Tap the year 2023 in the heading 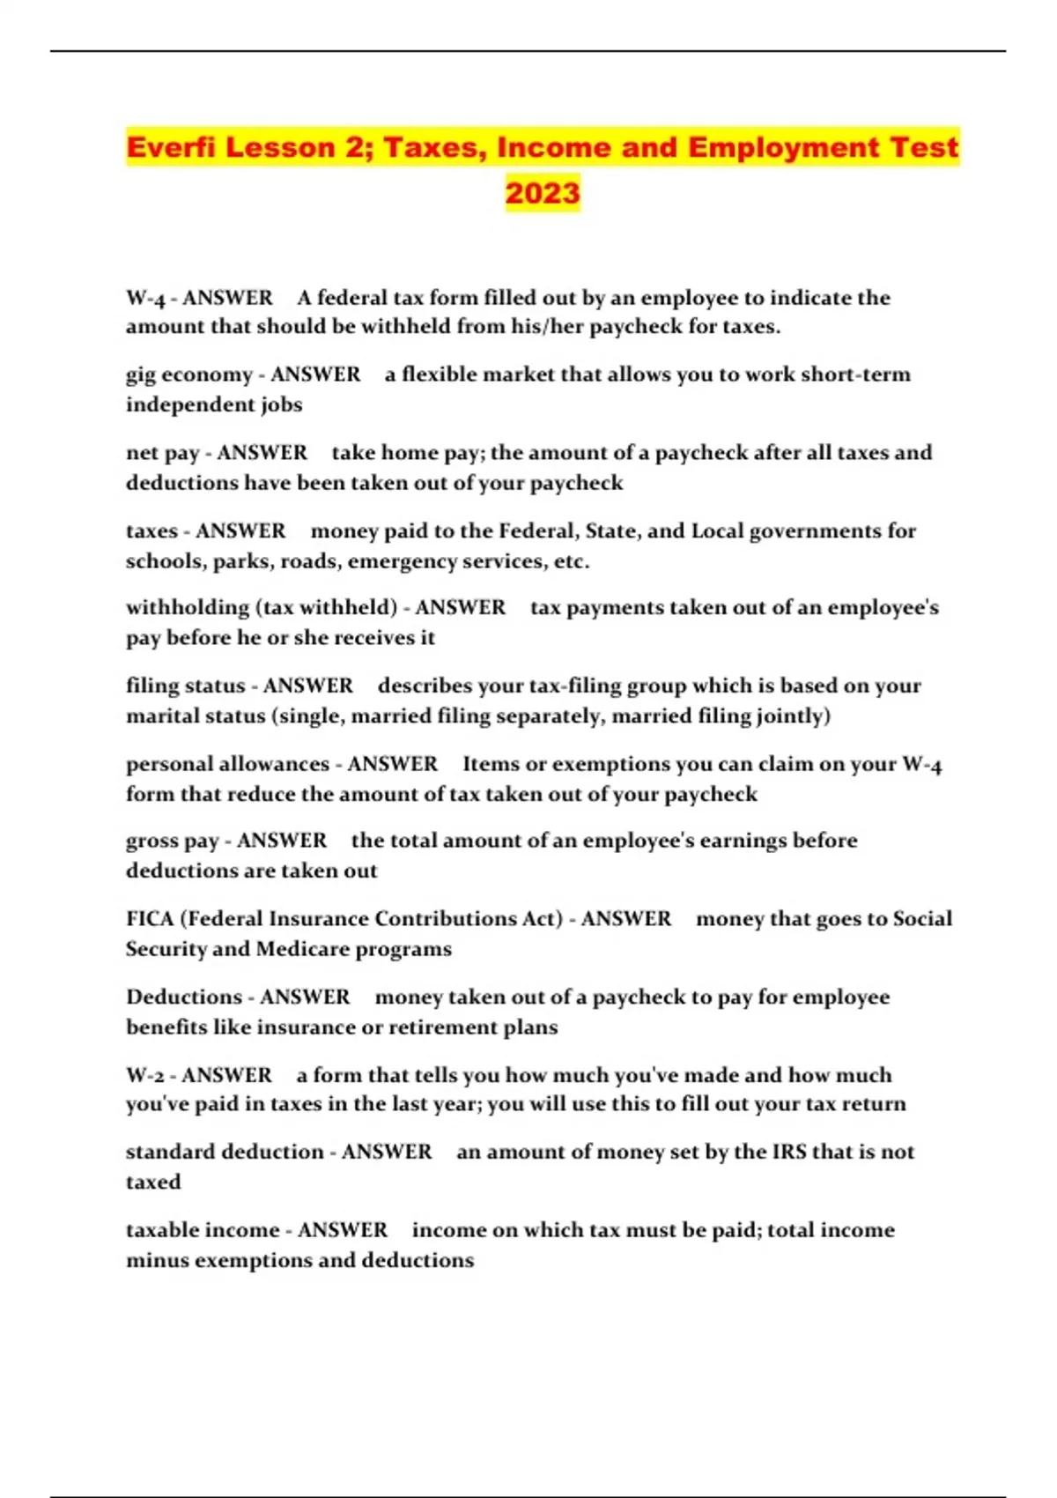click(x=543, y=192)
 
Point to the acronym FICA click(x=149, y=918)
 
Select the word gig click(x=141, y=375)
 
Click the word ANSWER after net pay click(x=262, y=453)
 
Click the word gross click(x=151, y=842)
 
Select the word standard click(x=174, y=1152)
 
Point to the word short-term click(x=855, y=374)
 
